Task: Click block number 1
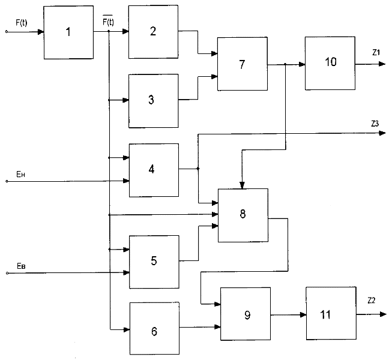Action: (x=68, y=32)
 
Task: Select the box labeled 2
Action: (x=154, y=32)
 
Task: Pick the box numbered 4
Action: (x=154, y=170)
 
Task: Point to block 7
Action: (x=242, y=65)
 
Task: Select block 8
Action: (x=243, y=215)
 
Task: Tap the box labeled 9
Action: (x=246, y=314)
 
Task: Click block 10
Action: (x=329, y=62)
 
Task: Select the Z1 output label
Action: (x=376, y=53)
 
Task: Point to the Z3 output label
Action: (x=375, y=123)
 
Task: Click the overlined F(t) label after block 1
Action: (x=108, y=22)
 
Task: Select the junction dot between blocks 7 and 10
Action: (x=286, y=63)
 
